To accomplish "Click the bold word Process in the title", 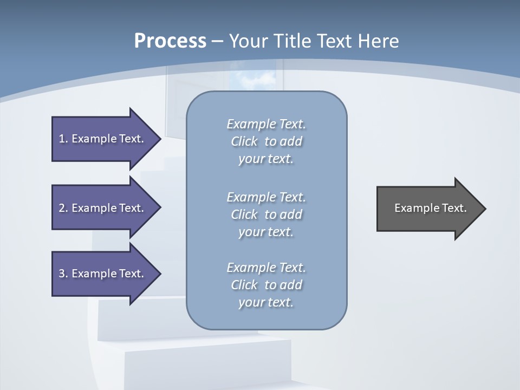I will point(170,41).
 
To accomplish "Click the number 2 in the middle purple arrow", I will point(62,208).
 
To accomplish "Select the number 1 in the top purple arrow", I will point(62,139).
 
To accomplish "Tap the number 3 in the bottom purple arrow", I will point(62,274).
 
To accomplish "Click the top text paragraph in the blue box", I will point(266,141).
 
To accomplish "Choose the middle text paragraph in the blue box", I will point(266,214).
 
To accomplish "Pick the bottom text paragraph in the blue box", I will point(266,285).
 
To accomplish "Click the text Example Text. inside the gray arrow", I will point(430,208).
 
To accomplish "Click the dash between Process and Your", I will point(217,42).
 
